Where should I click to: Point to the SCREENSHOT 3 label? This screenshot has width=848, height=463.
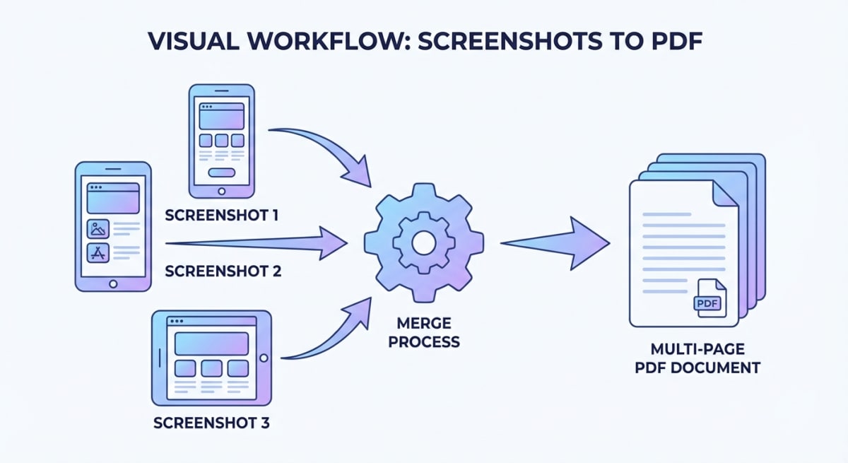211,424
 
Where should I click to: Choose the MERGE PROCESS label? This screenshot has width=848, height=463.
424,332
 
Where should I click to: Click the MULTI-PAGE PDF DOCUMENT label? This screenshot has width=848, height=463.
707,358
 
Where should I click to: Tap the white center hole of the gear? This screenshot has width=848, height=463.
424,243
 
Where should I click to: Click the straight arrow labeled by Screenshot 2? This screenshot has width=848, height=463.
261,244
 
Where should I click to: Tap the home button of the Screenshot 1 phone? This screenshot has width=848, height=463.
222,191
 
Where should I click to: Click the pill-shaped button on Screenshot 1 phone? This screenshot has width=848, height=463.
222,172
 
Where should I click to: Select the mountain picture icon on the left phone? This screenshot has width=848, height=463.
98,228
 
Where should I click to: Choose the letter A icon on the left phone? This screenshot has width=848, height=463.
98,253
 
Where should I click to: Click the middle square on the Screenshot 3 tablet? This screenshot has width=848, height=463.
211,368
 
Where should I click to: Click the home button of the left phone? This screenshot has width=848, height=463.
113,283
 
